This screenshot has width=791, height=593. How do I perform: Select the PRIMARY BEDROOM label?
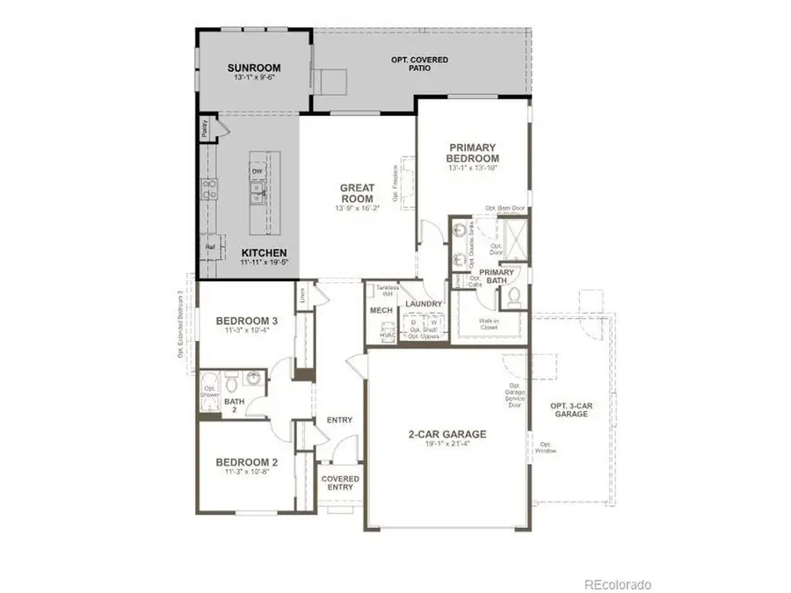click(x=473, y=153)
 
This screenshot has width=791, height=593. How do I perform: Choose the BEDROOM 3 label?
click(x=247, y=322)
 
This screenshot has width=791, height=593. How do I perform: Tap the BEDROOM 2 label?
click(x=247, y=461)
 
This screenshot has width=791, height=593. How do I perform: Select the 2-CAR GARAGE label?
click(x=446, y=434)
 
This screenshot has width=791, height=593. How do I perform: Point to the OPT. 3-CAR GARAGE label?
click(x=570, y=409)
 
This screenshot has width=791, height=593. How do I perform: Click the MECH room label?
click(x=380, y=311)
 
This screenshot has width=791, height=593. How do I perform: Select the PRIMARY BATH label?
click(x=496, y=277)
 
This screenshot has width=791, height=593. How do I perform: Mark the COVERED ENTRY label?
click(x=339, y=482)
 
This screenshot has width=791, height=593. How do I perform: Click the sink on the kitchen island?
click(x=258, y=194)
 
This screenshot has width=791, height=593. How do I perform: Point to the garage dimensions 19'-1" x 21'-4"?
click(x=446, y=445)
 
